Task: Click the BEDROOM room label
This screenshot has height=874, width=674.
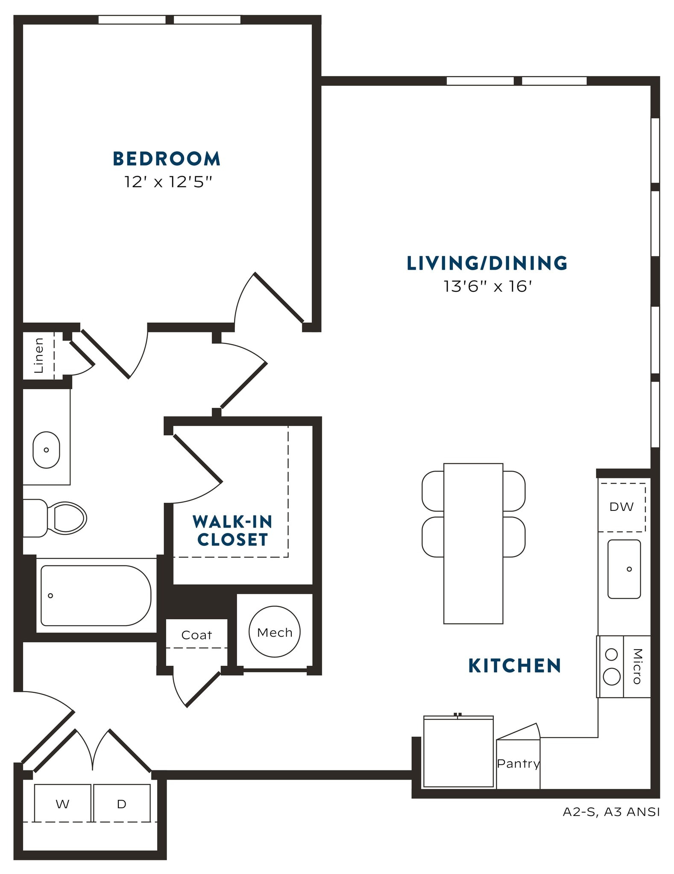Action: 167,159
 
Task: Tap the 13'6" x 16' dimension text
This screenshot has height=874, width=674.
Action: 487,286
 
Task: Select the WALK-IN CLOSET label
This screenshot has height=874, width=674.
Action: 232,530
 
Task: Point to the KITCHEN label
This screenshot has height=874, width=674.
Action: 514,666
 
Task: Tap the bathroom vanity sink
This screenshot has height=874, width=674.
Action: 46,450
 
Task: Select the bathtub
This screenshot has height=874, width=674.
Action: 96,595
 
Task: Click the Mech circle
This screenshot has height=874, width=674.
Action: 275,632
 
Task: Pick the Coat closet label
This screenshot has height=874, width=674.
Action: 196,635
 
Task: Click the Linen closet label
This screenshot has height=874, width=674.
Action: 39,355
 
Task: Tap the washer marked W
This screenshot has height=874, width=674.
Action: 62,804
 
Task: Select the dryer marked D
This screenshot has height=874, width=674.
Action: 122,804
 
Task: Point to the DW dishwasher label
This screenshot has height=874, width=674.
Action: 621,507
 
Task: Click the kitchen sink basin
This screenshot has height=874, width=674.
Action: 624,569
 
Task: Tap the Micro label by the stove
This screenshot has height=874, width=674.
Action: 637,666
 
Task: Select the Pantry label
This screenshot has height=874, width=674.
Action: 518,763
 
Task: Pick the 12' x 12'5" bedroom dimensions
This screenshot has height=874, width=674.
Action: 168,182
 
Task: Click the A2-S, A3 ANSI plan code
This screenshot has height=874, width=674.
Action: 611,812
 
